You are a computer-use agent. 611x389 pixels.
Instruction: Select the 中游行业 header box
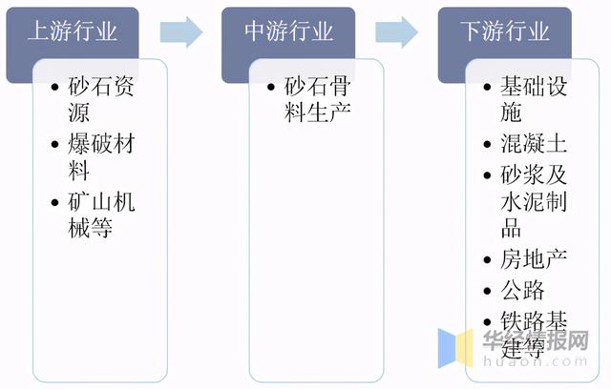click(x=289, y=31)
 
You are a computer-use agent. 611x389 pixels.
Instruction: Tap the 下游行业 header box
click(x=505, y=31)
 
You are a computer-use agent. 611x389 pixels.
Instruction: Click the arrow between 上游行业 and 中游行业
click(x=181, y=31)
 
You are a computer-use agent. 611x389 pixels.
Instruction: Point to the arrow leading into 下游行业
click(x=397, y=31)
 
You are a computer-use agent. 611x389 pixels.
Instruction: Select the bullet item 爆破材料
click(x=94, y=157)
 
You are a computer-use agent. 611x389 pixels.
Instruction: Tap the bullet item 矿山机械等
click(x=94, y=215)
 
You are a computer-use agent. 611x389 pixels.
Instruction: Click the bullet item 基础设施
click(x=531, y=99)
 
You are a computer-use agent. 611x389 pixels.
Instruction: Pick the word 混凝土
click(x=535, y=145)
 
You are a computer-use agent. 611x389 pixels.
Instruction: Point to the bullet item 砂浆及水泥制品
click(x=531, y=200)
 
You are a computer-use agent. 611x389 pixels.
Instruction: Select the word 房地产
click(x=535, y=258)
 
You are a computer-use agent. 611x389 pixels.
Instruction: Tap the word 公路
click(x=523, y=289)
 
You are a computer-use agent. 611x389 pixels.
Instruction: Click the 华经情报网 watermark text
click(x=535, y=340)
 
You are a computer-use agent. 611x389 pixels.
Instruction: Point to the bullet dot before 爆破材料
click(x=56, y=146)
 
